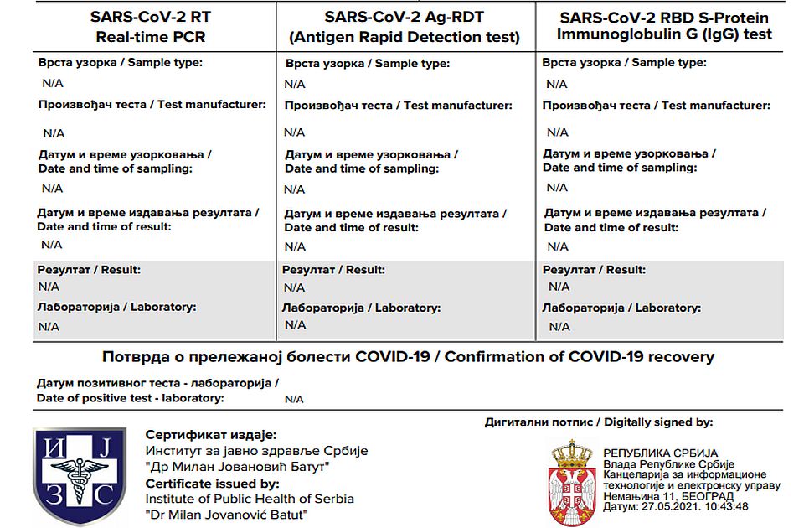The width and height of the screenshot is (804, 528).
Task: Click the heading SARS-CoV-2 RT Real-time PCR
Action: (x=150, y=27)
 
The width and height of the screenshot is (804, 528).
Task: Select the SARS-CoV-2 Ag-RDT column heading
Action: (x=404, y=18)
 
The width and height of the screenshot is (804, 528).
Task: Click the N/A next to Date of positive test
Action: (x=294, y=399)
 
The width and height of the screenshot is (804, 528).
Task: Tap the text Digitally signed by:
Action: (x=658, y=422)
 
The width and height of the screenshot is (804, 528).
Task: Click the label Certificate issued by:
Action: (x=212, y=484)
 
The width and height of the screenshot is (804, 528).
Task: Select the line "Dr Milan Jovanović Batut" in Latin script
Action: (x=226, y=514)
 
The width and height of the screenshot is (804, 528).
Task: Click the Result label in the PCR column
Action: (x=89, y=269)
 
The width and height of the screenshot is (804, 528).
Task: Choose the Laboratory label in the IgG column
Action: (x=621, y=308)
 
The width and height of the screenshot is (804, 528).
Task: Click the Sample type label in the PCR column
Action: (x=120, y=62)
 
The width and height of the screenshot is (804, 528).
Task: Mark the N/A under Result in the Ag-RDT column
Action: (x=295, y=287)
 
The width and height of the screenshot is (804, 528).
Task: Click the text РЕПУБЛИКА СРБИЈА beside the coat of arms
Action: (x=660, y=453)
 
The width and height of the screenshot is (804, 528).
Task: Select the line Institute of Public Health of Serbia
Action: (x=250, y=499)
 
